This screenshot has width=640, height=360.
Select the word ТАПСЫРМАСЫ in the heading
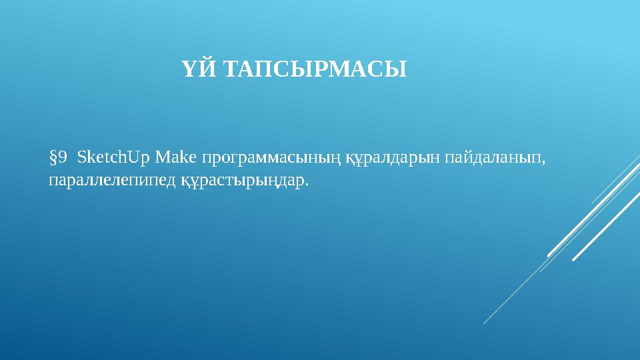[313, 69]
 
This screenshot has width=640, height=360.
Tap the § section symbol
[53, 157]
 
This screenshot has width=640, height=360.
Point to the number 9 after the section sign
[63, 157]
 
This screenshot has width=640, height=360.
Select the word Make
[175, 157]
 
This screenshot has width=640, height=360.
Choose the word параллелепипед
[112, 181]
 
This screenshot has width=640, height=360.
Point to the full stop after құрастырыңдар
[307, 185]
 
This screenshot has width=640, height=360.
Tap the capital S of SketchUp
[81, 157]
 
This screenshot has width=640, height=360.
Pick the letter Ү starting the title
[188, 69]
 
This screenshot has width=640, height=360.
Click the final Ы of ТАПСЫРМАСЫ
[398, 69]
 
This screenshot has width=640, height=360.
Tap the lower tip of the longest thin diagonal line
[484, 324]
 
